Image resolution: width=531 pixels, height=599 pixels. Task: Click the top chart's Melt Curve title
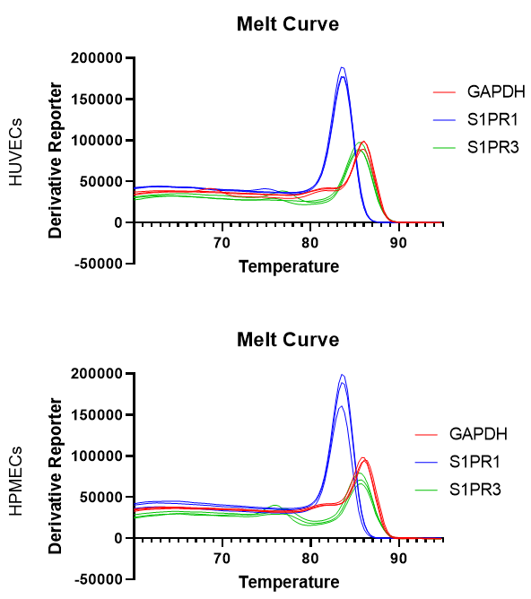coord(288,24)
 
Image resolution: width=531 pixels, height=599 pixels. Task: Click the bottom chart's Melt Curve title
coord(288,340)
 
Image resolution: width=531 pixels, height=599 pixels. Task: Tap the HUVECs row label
coord(15,152)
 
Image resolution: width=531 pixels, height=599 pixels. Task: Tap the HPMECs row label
coord(15,481)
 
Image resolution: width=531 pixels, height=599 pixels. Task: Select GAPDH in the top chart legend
coord(496,91)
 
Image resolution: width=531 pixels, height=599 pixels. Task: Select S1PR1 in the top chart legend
coord(492,119)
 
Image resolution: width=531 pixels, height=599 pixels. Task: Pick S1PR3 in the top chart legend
coord(493,147)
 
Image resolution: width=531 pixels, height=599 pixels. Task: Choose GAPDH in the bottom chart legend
coord(478,434)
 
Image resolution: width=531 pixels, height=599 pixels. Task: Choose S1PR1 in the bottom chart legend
coord(474,462)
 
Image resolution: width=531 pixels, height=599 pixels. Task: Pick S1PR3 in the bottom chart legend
coord(475,490)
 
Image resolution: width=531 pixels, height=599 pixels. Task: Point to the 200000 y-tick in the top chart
coord(97,58)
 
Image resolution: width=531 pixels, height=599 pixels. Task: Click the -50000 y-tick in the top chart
coord(99,264)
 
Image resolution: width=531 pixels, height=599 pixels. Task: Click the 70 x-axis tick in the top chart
coord(222,243)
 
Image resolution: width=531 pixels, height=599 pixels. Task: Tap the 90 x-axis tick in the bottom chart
coord(398,559)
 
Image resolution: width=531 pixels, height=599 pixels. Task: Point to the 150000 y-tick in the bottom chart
coord(97,415)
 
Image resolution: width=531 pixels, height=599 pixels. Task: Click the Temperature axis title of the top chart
coord(289,266)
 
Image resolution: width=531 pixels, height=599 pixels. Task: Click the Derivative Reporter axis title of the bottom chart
coord(56,476)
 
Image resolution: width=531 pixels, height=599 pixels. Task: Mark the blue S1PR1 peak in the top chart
coord(343,68)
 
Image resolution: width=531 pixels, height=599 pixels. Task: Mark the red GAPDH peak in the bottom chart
coord(363,458)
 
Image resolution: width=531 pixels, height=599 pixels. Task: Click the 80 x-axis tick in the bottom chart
coord(310,559)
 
